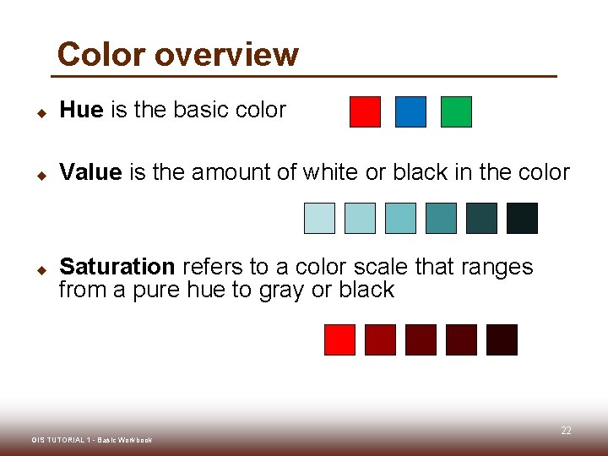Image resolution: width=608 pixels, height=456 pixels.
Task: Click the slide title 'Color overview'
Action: [177, 54]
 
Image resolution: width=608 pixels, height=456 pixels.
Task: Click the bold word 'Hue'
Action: [81, 110]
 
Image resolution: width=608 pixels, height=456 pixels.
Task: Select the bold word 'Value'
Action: [91, 172]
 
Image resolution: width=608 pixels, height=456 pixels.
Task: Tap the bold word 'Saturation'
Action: [117, 267]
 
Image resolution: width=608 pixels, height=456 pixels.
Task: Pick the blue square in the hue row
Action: [411, 111]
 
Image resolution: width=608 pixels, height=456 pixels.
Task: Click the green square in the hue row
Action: [456, 111]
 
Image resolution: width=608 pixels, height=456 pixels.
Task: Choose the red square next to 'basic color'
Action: [365, 111]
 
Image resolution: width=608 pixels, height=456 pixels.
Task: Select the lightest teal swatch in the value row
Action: [319, 218]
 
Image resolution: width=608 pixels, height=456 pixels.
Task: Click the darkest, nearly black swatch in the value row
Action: [522, 218]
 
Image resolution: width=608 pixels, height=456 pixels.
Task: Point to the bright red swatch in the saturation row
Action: [339, 339]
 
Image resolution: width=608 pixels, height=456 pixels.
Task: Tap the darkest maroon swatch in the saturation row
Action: [502, 339]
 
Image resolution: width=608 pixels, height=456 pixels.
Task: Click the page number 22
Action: [566, 431]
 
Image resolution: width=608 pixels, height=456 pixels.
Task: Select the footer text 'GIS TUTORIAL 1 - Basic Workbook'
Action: [91, 440]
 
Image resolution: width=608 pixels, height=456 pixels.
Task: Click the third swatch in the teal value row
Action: [400, 218]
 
